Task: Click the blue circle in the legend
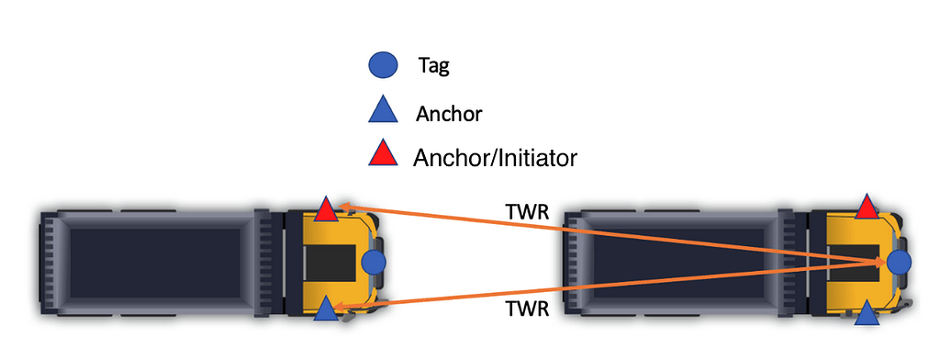(x=383, y=65)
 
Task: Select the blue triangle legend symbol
(x=383, y=111)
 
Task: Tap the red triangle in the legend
(x=383, y=154)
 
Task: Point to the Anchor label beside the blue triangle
(x=449, y=114)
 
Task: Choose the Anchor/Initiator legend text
(x=495, y=157)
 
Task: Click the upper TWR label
(x=528, y=212)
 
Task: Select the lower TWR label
(x=528, y=310)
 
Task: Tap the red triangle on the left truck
(x=325, y=210)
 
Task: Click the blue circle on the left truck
(x=374, y=263)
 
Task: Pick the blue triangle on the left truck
(x=325, y=309)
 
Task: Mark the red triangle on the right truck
(x=867, y=208)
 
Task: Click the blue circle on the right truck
(x=900, y=263)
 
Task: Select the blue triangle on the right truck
(x=867, y=316)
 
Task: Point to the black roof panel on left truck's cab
(x=330, y=263)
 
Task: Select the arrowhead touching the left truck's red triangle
(x=341, y=206)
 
